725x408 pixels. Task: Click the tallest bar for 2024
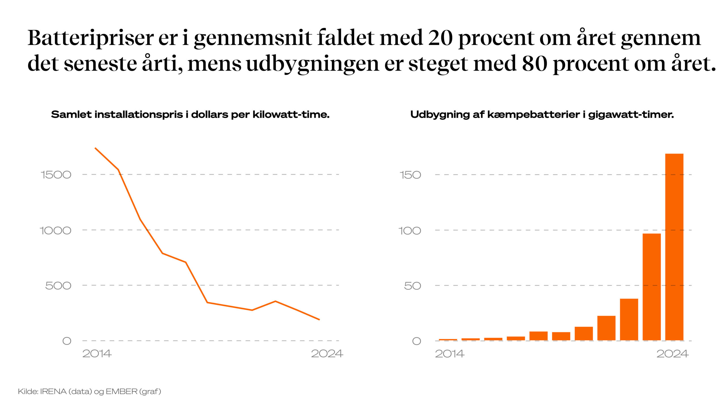674,246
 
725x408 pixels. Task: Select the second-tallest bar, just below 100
651,286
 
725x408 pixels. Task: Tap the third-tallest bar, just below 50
629,319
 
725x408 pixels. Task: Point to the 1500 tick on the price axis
56,175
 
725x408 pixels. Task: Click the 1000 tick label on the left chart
55,230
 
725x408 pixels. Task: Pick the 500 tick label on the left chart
58,286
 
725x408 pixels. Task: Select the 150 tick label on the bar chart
410,175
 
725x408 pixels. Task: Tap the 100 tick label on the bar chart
410,231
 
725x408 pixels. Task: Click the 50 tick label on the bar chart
412,286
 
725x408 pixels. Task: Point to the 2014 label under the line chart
97,354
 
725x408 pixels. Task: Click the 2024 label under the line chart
327,354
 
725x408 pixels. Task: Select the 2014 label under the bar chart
450,354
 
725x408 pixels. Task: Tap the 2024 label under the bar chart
672,354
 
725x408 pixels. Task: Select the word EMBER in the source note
121,392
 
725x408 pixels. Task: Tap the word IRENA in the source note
53,392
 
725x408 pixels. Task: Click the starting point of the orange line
95,148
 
